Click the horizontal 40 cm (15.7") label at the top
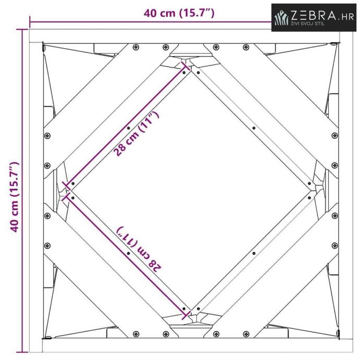[179, 13]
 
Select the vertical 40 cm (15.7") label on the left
[14, 197]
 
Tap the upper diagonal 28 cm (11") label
[136, 134]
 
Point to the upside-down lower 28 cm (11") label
[139, 249]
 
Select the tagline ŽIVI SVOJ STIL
[308, 23]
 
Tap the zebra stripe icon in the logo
[282, 18]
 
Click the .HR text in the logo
[346, 17]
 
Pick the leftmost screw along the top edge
[136, 47]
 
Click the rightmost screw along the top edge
[246, 47]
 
